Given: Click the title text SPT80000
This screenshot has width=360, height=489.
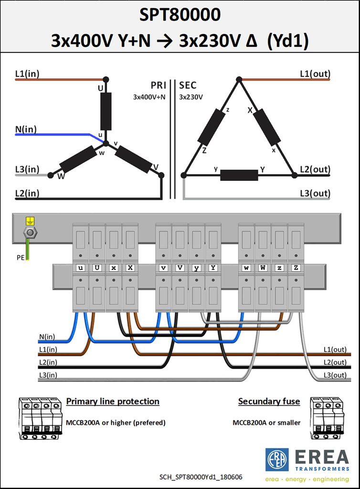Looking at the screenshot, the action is point(180,15).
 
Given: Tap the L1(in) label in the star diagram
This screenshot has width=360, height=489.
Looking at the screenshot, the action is point(27,74).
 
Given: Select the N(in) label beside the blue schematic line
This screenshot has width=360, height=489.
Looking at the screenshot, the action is point(26,129).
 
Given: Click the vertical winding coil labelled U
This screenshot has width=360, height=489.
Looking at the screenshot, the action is point(106,111).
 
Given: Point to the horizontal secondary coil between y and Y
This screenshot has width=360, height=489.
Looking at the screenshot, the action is point(239,175).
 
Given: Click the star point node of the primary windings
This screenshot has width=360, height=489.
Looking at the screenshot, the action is point(106,143).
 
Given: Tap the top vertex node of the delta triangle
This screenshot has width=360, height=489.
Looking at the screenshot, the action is point(239,80).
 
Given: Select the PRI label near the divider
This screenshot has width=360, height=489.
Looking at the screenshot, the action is point(159,85).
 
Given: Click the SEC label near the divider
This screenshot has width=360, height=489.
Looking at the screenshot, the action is point(188,85).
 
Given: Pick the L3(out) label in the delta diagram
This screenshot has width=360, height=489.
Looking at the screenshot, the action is point(315,193).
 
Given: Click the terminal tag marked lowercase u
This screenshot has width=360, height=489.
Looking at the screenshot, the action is point(80,268).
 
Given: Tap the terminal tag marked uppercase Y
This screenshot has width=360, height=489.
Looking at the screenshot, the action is point(213,268).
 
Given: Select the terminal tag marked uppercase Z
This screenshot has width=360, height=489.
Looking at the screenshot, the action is point(296,268).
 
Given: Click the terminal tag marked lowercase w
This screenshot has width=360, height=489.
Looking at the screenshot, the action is point(246,268).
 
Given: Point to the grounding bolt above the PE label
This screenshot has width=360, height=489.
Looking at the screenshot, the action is point(30,233).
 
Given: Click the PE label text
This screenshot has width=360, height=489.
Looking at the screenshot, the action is point(20,257).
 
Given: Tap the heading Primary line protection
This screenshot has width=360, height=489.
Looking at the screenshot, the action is point(113,401).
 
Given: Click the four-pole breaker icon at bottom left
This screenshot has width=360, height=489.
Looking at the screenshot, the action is point(40,418).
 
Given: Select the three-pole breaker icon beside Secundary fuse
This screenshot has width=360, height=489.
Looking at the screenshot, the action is point(327,418).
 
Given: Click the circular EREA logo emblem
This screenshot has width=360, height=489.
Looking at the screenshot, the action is point(277,460).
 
